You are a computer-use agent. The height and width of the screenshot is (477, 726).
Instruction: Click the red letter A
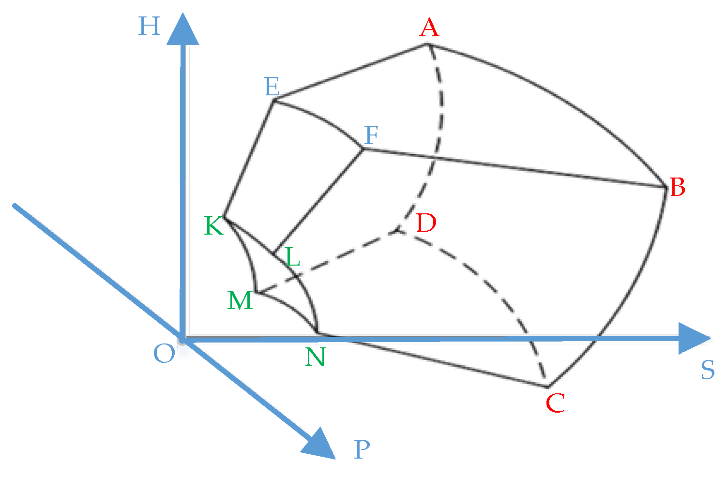pos(429,28)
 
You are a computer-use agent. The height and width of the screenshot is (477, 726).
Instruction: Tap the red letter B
pos(677,187)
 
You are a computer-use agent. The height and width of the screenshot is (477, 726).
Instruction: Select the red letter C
pos(555,402)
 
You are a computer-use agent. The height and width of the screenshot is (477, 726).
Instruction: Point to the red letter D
pos(426,223)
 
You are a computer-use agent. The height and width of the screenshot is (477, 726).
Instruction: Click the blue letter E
pos(272,87)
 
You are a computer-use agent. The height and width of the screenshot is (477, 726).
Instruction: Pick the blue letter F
pos(371,135)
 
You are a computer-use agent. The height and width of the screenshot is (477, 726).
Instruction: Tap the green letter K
pos(214,225)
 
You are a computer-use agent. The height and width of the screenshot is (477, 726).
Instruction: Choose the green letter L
pos(292,257)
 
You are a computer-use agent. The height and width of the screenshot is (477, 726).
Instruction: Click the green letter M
pos(240,300)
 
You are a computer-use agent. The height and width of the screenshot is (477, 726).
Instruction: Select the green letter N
pos(315,357)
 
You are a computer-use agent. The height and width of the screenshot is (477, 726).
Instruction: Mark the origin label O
pos(164,354)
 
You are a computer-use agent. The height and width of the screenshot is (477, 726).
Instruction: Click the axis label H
pos(149,26)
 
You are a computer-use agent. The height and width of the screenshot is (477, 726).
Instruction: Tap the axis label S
pos(707,371)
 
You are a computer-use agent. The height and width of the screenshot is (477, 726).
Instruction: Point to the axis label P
pos(362,450)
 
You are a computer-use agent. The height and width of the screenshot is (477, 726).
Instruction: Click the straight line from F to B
pos(513,167)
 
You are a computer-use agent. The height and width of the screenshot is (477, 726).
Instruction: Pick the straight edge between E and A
pos(350,72)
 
